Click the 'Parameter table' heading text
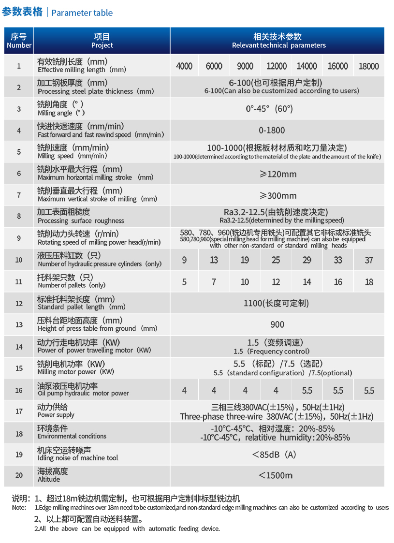(82, 13)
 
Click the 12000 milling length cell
(277, 66)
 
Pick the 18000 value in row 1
(369, 66)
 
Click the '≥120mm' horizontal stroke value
(277, 174)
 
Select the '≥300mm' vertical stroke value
(277, 195)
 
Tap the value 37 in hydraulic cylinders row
(369, 260)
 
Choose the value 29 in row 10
(307, 260)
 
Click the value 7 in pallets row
(214, 282)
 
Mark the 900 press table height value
(277, 324)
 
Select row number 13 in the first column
(19, 324)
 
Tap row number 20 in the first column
(19, 475)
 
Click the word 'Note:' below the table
(19, 508)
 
